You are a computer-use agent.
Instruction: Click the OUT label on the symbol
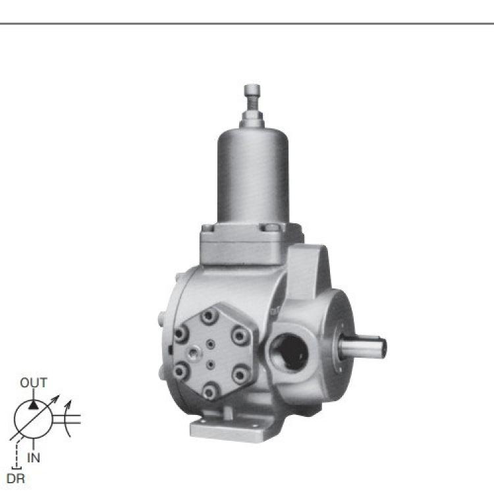34,383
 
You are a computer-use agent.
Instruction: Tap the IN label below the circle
34,458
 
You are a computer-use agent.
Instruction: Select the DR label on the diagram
15,479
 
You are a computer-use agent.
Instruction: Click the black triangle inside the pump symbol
33,404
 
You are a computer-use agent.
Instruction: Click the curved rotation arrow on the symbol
67,419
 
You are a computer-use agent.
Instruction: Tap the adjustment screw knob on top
252,91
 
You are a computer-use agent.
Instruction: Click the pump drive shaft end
363,346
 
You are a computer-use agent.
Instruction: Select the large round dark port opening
288,352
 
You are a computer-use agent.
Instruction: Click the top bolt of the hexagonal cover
210,316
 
